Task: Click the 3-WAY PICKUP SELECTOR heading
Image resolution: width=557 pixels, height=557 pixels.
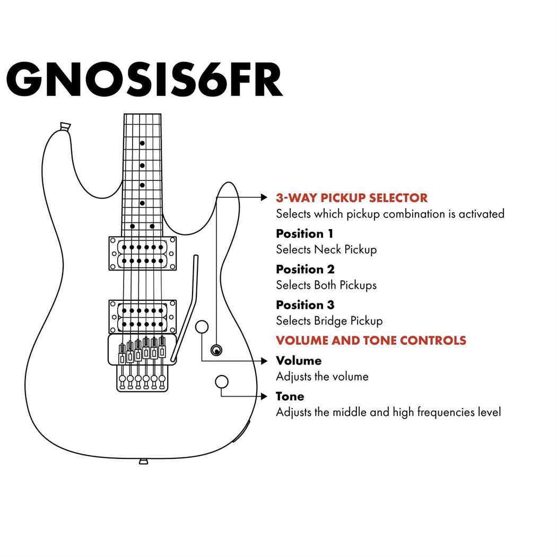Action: [x=351, y=198]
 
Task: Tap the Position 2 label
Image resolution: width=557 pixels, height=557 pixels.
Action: [x=305, y=269]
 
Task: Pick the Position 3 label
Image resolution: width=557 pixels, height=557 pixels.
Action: [x=305, y=305]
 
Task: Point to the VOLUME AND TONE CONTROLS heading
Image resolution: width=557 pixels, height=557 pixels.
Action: [x=371, y=340]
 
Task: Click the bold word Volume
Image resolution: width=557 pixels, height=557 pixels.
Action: [x=299, y=361]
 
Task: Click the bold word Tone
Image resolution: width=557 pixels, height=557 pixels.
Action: [x=290, y=396]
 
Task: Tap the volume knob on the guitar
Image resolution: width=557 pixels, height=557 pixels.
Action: [x=202, y=327]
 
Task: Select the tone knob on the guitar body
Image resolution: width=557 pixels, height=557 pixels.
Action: [x=222, y=381]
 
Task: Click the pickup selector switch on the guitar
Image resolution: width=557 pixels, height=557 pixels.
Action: [x=216, y=350]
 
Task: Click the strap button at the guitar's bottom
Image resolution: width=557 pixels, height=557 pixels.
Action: [x=143, y=462]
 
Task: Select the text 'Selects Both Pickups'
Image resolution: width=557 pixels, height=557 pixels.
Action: [x=326, y=285]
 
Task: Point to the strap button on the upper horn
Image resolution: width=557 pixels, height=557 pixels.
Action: [x=65, y=126]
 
